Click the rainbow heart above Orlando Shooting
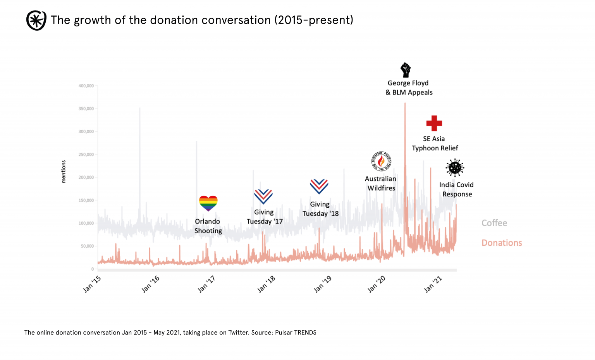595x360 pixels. [x=208, y=203]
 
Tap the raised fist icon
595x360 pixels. [x=405, y=70]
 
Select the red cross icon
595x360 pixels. [x=434, y=123]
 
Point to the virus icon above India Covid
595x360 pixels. [x=455, y=168]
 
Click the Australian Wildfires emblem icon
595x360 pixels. [x=381, y=161]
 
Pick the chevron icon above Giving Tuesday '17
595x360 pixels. [x=263, y=196]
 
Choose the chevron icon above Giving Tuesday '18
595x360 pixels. [x=319, y=186]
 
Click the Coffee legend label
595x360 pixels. [x=494, y=223]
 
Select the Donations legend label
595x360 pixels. [x=502, y=243]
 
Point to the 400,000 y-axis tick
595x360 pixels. [x=86, y=86]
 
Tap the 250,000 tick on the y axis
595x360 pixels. [x=86, y=155]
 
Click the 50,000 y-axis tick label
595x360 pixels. [x=87, y=246]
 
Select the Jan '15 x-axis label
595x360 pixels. [x=92, y=284]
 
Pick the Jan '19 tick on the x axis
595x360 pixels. [x=323, y=284]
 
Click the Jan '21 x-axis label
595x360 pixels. [x=433, y=284]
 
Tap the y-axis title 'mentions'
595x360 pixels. [x=64, y=172]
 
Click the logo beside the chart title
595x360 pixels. [x=36, y=20]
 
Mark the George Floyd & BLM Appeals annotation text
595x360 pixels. [x=409, y=88]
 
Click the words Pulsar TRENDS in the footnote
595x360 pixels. [x=296, y=332]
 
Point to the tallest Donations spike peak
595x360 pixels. [x=405, y=104]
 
